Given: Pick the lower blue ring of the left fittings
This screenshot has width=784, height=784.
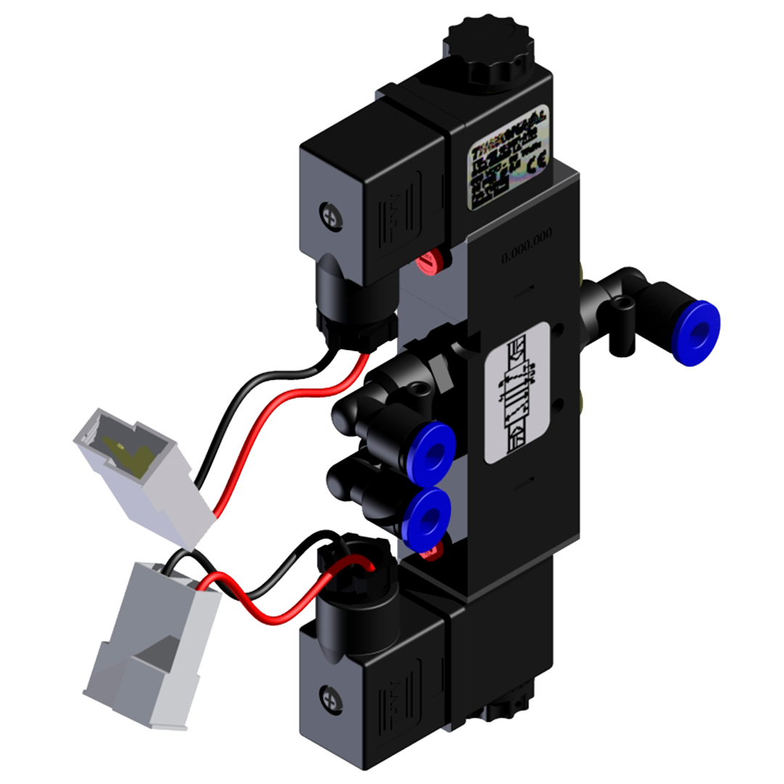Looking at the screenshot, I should pyautogui.click(x=426, y=517).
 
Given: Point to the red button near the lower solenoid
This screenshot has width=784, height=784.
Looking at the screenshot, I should pyautogui.click(x=430, y=554).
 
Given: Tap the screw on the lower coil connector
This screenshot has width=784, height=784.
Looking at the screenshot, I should pyautogui.click(x=329, y=696).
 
